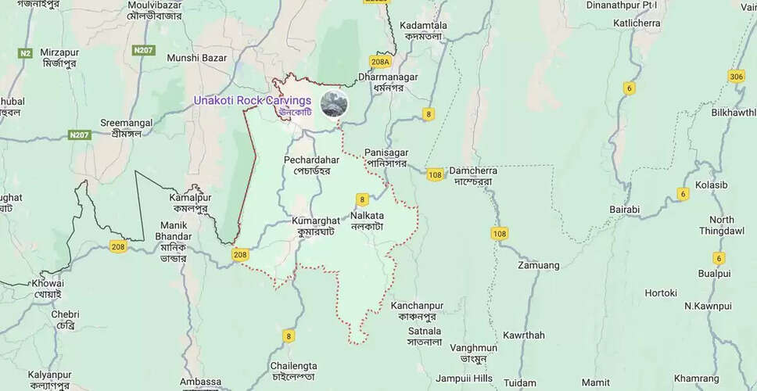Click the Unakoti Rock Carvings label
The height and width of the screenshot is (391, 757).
click(253, 101)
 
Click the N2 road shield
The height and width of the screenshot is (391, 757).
click(25, 53)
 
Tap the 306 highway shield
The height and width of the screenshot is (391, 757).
click(736, 77)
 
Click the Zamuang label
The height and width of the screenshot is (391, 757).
click(539, 265)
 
